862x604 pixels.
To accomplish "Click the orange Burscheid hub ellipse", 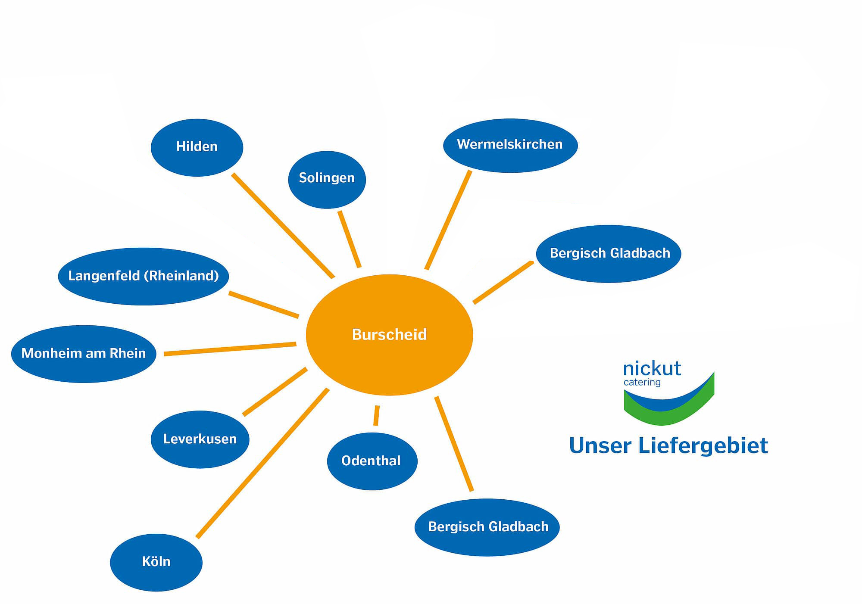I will pos(389,335).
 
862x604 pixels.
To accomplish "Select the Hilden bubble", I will pos(197,147).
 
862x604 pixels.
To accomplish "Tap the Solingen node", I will pos(327,179).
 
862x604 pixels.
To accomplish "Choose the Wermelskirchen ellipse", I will pos(510,145).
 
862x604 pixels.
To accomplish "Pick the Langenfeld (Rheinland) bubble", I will pos(143,276).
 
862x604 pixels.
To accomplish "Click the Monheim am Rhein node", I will pos(84,354).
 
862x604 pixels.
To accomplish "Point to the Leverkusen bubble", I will pos(200,439).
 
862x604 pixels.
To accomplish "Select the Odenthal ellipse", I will pos(372,461).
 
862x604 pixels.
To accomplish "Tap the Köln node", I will pos(156,562).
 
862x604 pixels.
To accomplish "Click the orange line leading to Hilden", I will pos(283,226).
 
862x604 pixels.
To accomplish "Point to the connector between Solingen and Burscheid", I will pos(350,239).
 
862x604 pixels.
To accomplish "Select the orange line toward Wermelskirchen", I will pos(448,220).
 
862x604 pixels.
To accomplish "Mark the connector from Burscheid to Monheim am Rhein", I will pos(230,349).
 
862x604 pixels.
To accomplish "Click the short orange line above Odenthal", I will pos(377,415).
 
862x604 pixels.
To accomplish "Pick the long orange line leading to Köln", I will pos(262,463).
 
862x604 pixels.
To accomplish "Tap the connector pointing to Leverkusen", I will pos(275,392).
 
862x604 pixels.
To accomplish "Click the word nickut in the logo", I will pos(652,369).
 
